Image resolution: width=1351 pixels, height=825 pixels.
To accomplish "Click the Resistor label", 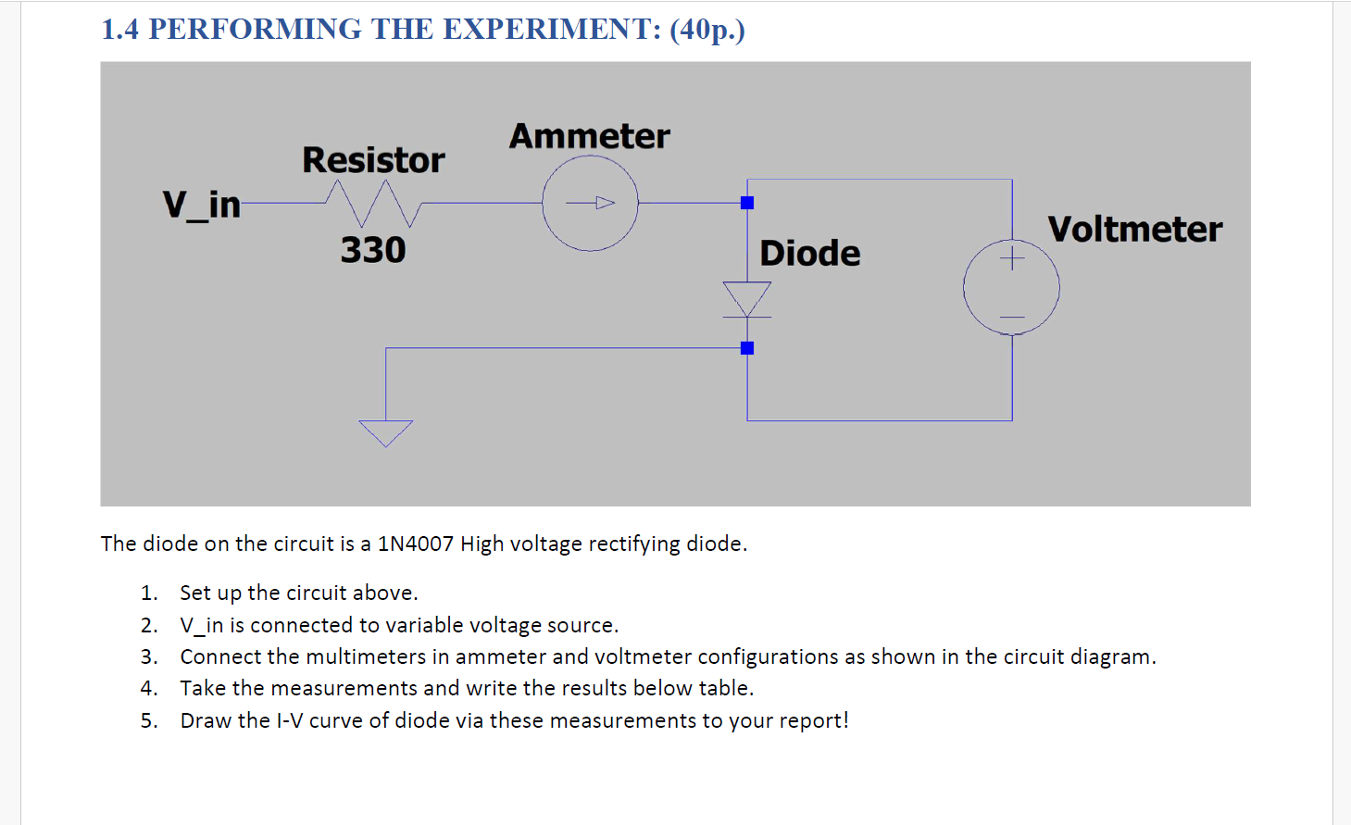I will pyautogui.click(x=373, y=160).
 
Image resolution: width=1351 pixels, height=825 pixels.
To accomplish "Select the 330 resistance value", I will pyautogui.click(x=373, y=250).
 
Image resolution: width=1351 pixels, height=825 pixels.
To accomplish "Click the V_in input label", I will pyautogui.click(x=201, y=205).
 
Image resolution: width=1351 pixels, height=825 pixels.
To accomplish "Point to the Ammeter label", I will pyautogui.click(x=589, y=136).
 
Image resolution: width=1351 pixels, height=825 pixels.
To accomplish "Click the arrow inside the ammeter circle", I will pyautogui.click(x=593, y=203).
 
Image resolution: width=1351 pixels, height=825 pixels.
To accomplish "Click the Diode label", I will pyautogui.click(x=809, y=253).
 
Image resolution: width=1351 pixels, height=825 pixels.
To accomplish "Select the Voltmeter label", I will pyautogui.click(x=1134, y=229).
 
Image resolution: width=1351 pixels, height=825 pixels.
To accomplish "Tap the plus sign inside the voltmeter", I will pyautogui.click(x=1012, y=257).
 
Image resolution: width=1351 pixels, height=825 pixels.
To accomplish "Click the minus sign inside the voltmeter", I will pyautogui.click(x=1012, y=318).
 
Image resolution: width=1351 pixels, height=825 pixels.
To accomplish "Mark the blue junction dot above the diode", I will pyautogui.click(x=747, y=203).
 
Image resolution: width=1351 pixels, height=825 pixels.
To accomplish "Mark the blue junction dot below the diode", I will pyautogui.click(x=747, y=348).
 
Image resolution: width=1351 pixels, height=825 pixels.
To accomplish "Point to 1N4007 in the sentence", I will pyautogui.click(x=416, y=544).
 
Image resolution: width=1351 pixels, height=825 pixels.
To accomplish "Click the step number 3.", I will pyautogui.click(x=148, y=656).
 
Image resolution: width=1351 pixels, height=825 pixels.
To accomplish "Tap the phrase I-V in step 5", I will pyautogui.click(x=289, y=720).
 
